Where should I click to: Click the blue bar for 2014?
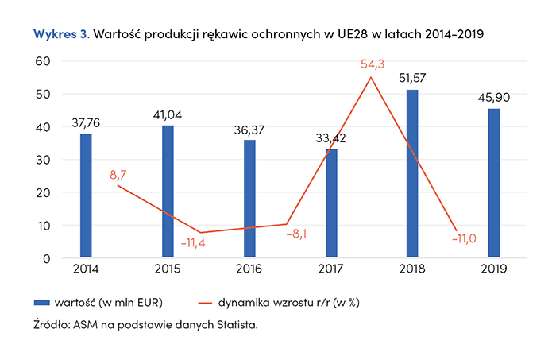(86, 195)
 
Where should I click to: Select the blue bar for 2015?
(168, 191)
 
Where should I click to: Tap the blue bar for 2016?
(250, 198)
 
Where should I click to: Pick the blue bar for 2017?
(331, 203)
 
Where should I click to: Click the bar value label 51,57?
(414, 78)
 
